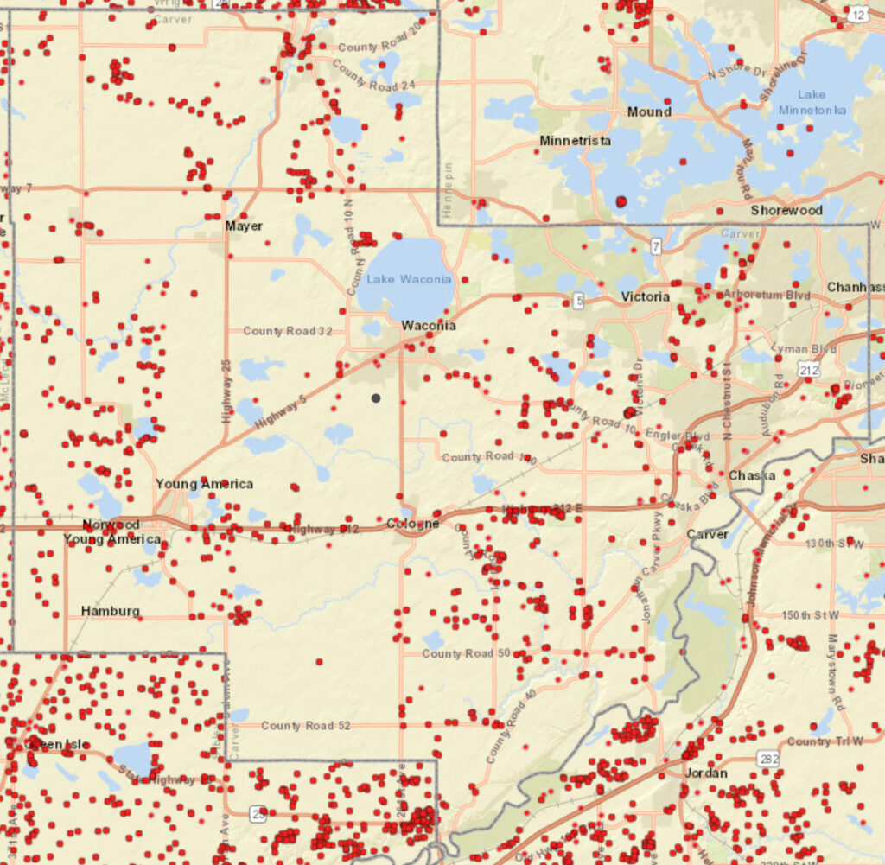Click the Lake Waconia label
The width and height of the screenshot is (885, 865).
tap(409, 279)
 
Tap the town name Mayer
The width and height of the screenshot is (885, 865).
tap(244, 226)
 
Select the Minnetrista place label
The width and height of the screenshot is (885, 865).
tap(575, 141)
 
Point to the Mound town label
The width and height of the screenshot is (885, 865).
tap(649, 111)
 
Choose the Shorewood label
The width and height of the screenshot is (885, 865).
tap(786, 210)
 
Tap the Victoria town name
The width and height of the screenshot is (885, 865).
tap(645, 296)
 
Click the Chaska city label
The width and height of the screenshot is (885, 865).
tap(751, 475)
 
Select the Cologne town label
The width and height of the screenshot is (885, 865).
tap(412, 524)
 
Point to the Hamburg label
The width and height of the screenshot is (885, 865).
tap(110, 611)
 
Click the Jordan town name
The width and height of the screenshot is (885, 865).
tap(705, 773)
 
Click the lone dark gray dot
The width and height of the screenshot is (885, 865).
tap(376, 398)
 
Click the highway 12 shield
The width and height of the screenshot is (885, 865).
tap(857, 15)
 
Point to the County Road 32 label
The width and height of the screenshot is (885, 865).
tap(288, 331)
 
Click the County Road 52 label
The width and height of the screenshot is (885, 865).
tap(306, 725)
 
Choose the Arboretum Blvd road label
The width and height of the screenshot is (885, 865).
tap(767, 295)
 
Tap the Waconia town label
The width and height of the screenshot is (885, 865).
tap(429, 326)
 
